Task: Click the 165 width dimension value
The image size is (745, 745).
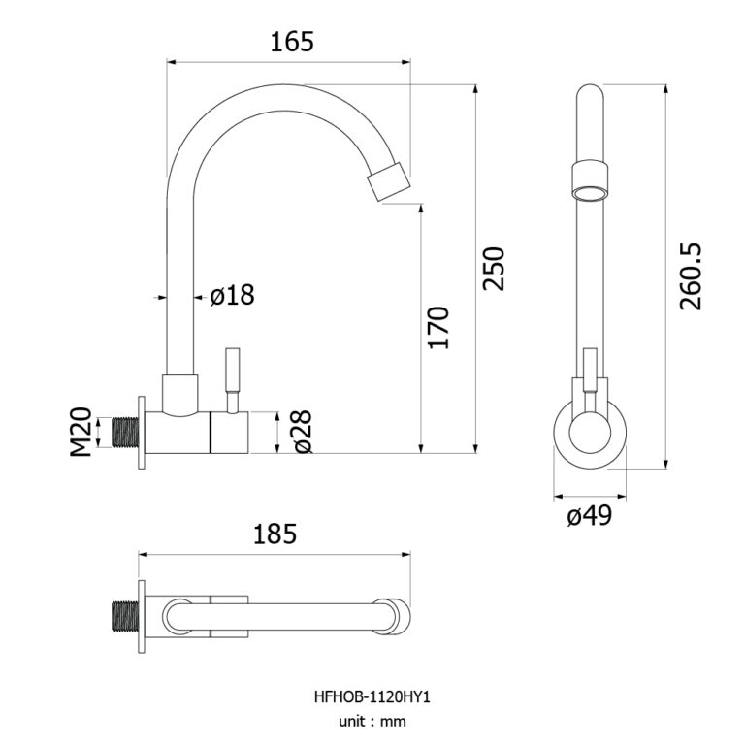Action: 292,42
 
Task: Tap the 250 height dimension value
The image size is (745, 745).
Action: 493,269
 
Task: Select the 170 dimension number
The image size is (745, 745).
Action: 438,328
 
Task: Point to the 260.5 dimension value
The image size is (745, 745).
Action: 691,276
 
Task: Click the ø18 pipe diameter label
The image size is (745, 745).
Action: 233,295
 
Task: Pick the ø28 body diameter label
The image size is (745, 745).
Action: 303,432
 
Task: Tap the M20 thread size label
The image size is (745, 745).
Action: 81,432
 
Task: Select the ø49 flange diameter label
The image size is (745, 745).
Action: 589,515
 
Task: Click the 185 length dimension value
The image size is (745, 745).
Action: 275,534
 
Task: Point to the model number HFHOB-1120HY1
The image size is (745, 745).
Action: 372,697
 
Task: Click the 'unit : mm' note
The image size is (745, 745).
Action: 372,722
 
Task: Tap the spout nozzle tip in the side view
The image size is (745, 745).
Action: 390,181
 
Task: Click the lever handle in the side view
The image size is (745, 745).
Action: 233,380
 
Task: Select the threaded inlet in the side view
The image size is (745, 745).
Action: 125,432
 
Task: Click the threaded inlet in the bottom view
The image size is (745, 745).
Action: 125,617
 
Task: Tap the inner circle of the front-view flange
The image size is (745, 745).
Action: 590,433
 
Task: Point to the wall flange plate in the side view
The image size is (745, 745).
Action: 142,433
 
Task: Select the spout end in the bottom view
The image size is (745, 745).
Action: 392,617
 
